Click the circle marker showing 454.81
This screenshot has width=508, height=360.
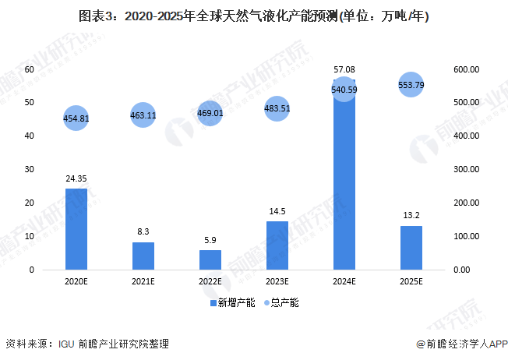point(75,118)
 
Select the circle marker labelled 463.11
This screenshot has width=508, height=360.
point(143,115)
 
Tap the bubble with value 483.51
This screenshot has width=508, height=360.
point(277,109)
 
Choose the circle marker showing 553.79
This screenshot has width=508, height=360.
point(411,85)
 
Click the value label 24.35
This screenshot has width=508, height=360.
point(76,178)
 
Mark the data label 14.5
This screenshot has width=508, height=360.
point(277,211)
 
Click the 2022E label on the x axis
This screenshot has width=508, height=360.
point(210,282)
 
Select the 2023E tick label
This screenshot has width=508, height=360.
point(277,282)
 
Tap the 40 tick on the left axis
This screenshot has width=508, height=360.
point(30,136)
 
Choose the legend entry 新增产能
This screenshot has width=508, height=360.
point(231,302)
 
